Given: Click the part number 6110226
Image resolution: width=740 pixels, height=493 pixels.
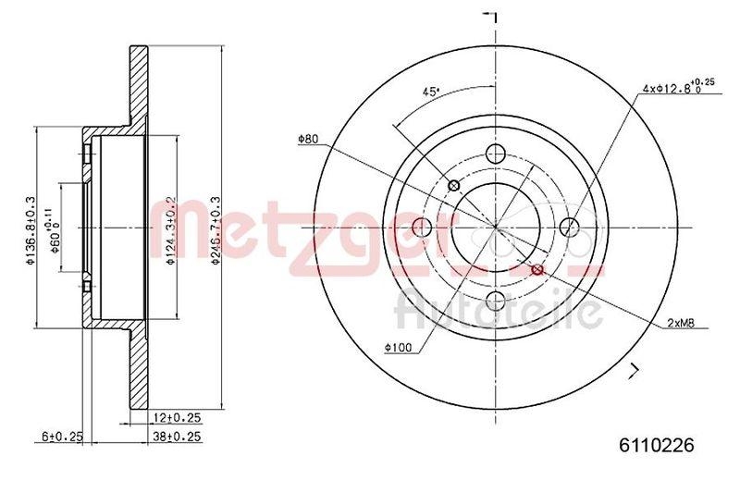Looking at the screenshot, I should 655,445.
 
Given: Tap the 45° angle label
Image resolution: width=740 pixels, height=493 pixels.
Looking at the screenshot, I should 430,91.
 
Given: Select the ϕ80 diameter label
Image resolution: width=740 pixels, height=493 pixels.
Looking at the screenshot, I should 308,140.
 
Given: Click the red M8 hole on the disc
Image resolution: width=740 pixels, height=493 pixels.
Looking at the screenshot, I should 538,269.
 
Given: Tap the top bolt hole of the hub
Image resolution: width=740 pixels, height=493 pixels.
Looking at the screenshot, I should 496,154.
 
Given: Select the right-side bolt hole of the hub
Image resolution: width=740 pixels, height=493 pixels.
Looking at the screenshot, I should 570,227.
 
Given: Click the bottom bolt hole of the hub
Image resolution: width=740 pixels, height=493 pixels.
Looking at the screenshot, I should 496,300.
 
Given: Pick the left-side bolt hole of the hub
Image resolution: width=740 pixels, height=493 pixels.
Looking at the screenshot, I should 423,228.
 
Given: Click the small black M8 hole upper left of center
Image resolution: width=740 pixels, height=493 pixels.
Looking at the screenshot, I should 453,186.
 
